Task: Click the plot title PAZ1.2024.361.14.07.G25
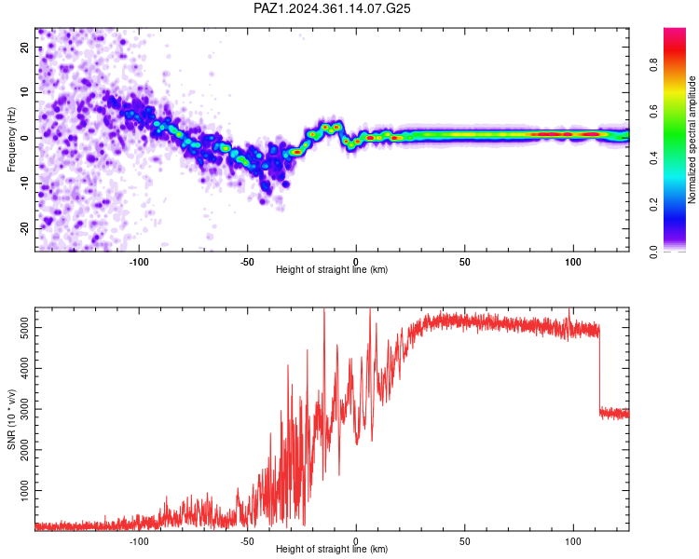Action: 332,8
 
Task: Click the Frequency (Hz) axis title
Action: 11,140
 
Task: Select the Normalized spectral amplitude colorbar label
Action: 692,140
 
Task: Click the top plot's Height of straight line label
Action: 332,269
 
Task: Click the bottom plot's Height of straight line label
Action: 332,549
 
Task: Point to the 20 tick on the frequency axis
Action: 24,48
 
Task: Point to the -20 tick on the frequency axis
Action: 24,228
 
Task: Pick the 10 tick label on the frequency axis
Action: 24,92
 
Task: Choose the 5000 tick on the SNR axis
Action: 24,328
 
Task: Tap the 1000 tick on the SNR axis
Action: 24,491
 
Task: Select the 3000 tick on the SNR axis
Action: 24,409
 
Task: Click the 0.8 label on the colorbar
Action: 653,65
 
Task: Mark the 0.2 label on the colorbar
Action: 653,205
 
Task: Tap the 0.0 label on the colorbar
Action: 653,252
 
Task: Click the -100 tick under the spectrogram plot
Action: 139,262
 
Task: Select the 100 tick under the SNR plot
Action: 573,541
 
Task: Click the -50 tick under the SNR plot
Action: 247,541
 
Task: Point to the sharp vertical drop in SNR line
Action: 599,369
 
